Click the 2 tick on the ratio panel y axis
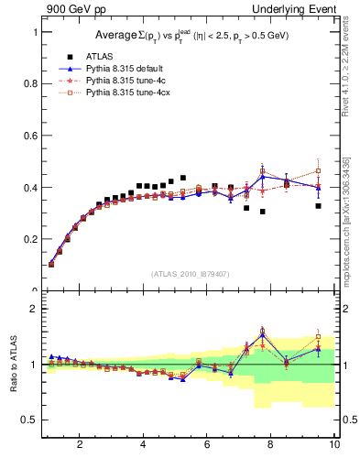34,309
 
